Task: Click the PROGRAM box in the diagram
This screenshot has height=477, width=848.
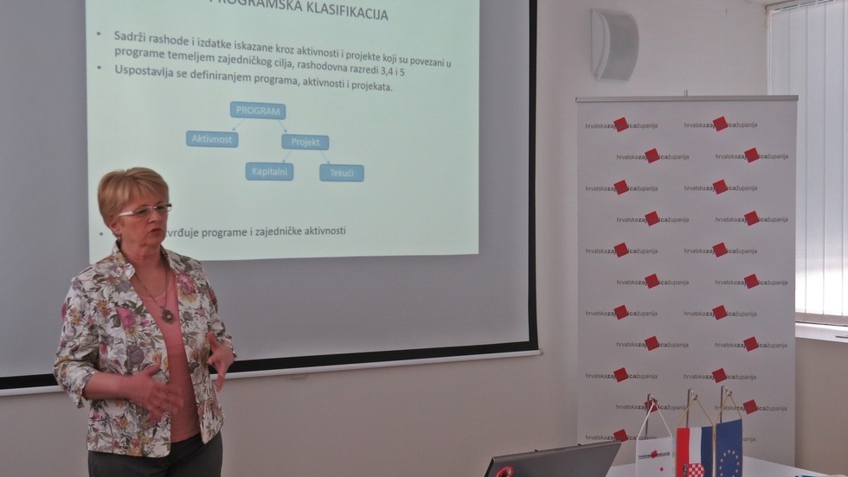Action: pos(257,111)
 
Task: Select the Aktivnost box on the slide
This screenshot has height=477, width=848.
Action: pos(211,139)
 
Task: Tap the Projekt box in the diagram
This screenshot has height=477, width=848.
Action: pos(305,142)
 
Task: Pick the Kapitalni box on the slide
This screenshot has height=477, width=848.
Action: pos(269,171)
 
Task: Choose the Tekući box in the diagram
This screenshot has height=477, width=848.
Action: pos(341,173)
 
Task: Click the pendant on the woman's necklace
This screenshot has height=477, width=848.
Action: pos(167,315)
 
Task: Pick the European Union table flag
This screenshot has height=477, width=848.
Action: pos(729,448)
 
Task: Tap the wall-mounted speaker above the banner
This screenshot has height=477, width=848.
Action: pos(614,45)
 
